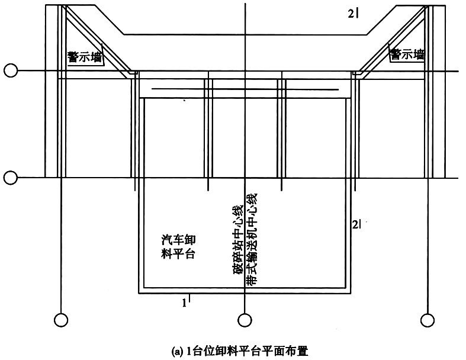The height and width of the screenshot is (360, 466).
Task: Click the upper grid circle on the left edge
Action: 11,70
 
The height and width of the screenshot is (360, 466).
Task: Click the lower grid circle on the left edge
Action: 11,178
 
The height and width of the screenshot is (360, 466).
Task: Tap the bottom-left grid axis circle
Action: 61,320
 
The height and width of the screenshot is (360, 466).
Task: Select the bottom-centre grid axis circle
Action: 245,320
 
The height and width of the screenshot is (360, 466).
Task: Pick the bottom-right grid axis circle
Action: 428,320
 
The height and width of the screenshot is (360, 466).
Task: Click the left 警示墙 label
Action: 85,57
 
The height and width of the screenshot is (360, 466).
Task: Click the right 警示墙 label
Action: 407,54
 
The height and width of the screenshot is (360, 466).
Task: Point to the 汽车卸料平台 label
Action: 178,247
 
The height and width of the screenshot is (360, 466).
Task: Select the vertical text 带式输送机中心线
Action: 252,240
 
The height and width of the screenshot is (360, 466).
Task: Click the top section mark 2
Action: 353,14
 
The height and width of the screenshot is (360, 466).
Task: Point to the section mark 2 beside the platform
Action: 356,224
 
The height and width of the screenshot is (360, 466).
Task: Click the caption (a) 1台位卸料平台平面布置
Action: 240,351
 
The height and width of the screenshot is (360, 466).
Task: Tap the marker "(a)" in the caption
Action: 176,352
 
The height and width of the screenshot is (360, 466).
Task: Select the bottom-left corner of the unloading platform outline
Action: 139,294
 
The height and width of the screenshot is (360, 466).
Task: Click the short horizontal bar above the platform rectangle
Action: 245,89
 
